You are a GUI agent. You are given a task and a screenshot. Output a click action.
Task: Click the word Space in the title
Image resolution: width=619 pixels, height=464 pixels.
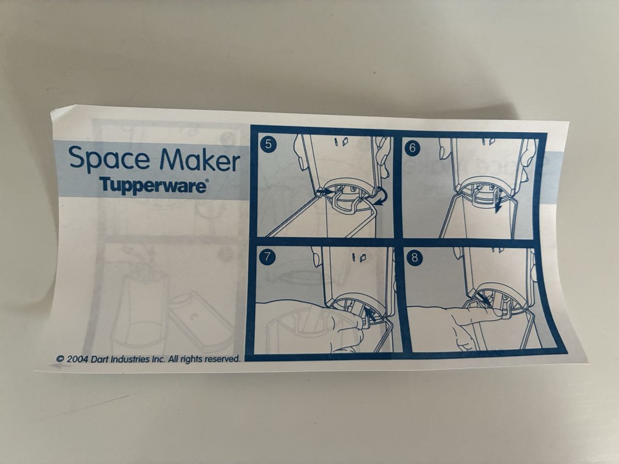click(108, 160)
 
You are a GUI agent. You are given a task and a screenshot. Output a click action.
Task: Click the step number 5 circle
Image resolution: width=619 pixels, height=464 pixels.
click(268, 144)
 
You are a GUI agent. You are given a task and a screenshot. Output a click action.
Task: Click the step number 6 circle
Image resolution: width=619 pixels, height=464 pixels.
click(412, 147)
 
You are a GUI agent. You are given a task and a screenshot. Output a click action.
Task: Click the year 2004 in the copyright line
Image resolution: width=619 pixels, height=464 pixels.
click(77, 359)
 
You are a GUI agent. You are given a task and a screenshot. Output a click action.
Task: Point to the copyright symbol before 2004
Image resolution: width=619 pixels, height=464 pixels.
click(60, 359)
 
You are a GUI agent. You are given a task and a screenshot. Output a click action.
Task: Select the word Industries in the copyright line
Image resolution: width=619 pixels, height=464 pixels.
click(129, 359)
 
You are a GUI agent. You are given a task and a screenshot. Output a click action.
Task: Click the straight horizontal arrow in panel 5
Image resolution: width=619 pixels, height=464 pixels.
click(323, 191)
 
